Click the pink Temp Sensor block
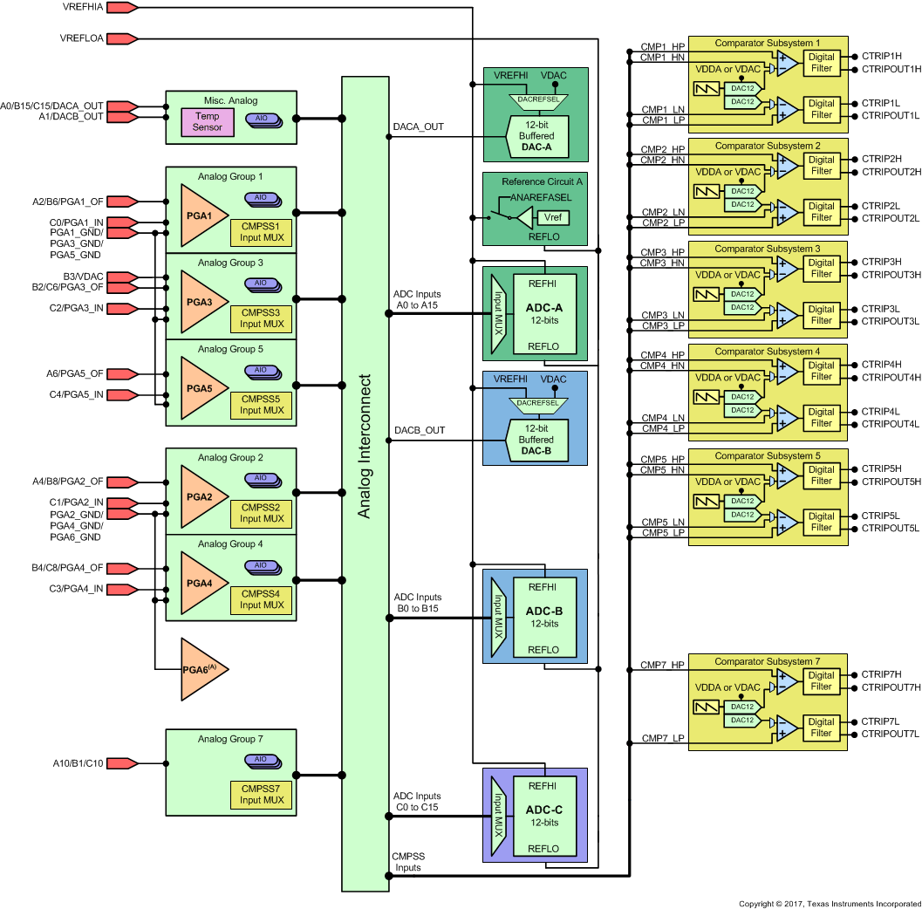208,121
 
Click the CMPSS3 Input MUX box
262,318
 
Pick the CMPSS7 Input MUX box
262,795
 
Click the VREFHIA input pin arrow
122,8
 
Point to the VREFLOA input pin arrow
122,38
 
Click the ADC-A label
543,308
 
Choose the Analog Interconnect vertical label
365,447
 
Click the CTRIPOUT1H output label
891,69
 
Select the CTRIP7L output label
880,721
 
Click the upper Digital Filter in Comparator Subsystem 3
821,268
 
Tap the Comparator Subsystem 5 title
768,455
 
